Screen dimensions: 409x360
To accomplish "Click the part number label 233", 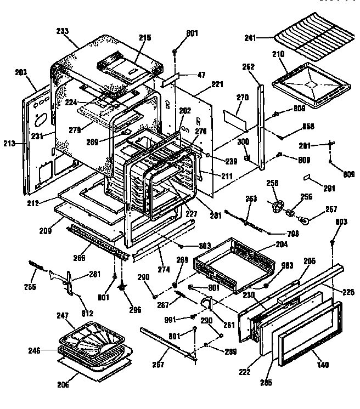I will point(62,32).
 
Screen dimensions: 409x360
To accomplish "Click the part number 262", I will point(248,67).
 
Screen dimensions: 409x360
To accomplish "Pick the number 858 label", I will point(309,127).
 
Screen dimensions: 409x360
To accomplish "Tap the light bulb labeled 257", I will point(306,219).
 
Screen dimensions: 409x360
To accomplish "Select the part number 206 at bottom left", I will point(63,384).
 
